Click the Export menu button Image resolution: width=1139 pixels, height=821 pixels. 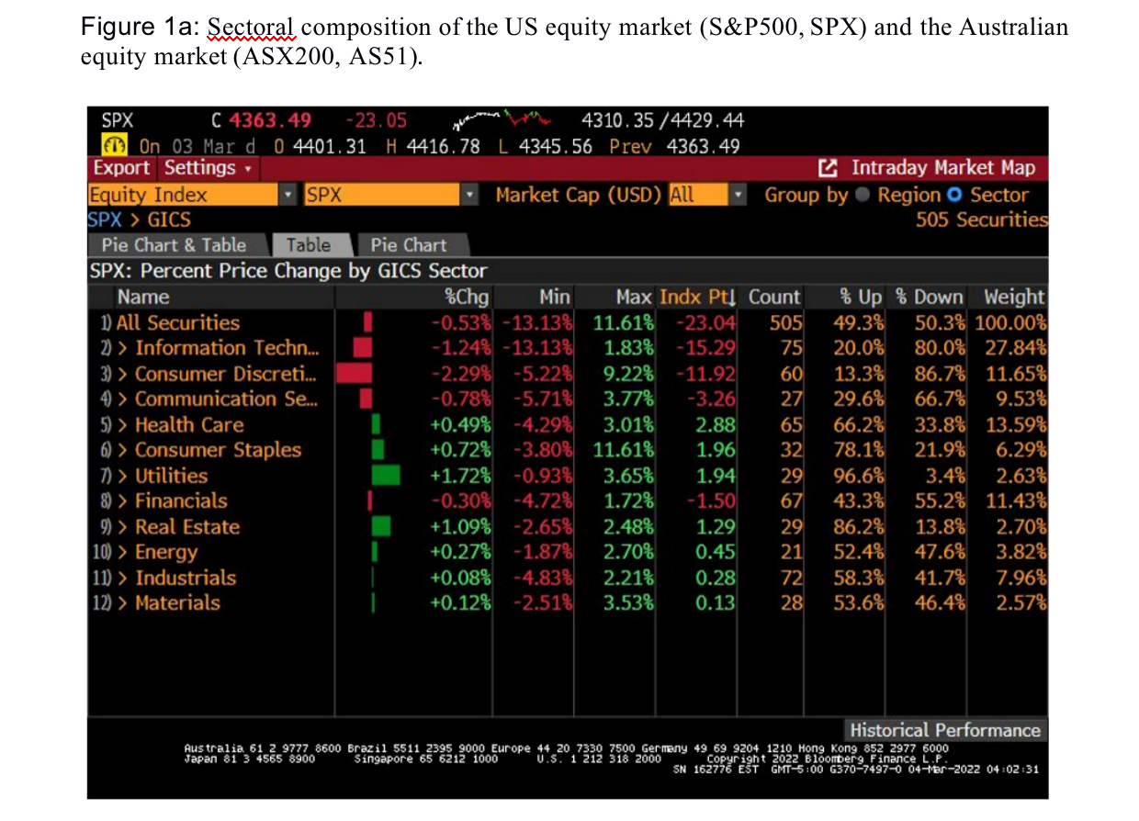pyautogui.click(x=121, y=168)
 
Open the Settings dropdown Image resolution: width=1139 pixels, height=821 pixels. pyautogui.click(x=207, y=168)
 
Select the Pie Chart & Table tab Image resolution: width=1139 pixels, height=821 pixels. pyautogui.click(x=174, y=245)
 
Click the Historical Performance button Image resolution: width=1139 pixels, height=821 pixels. pyautogui.click(x=945, y=730)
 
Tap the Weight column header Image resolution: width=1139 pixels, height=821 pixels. pyautogui.click(x=1014, y=297)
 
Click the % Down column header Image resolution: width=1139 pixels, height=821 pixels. pyautogui.click(x=930, y=297)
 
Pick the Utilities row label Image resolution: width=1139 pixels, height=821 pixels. pyautogui.click(x=171, y=476)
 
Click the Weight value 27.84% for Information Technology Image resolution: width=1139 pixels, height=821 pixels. pyautogui.click(x=1015, y=348)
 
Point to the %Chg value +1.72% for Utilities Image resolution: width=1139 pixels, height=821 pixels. pyautogui.click(x=461, y=476)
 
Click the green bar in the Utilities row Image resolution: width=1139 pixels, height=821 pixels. pyautogui.click(x=386, y=476)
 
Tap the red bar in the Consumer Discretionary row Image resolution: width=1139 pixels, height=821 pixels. pyautogui.click(x=355, y=373)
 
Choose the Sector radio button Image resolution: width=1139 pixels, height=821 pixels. pyautogui.click(x=954, y=195)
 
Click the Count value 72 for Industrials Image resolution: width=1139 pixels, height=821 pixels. pyautogui.click(x=791, y=578)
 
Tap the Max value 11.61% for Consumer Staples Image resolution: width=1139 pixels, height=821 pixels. pyautogui.click(x=624, y=450)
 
